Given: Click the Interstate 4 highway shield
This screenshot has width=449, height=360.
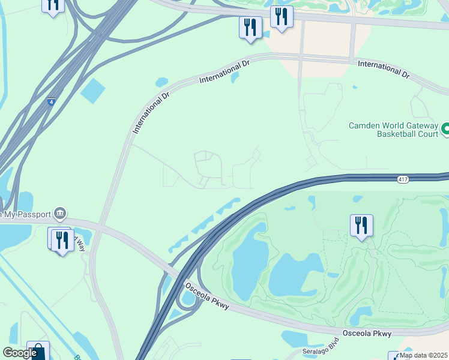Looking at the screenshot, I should click(52, 102).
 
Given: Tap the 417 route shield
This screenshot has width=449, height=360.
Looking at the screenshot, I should click(402, 179).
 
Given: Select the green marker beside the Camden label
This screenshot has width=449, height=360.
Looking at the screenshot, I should click(445, 128).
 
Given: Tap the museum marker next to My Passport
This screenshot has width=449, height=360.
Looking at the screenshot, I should click(59, 213).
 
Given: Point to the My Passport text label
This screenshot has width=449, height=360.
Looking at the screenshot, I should click(27, 214).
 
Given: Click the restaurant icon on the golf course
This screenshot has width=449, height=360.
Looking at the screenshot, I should click(361, 226).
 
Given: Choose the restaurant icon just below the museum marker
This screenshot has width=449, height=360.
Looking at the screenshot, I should click(62, 240).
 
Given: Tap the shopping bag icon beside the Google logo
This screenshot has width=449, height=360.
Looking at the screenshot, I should click(38, 350).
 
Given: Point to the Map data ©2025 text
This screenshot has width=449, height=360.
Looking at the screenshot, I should click(423, 355).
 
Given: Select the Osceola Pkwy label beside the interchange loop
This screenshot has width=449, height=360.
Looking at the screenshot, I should click(207, 296).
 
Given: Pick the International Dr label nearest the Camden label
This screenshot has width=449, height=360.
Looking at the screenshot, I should click(382, 70).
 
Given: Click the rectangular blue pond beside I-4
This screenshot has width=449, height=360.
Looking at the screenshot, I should click(92, 91).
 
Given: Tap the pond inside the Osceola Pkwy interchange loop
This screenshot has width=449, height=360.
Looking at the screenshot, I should click(188, 297).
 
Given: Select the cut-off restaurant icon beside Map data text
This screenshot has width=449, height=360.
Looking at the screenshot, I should click(394, 356).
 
